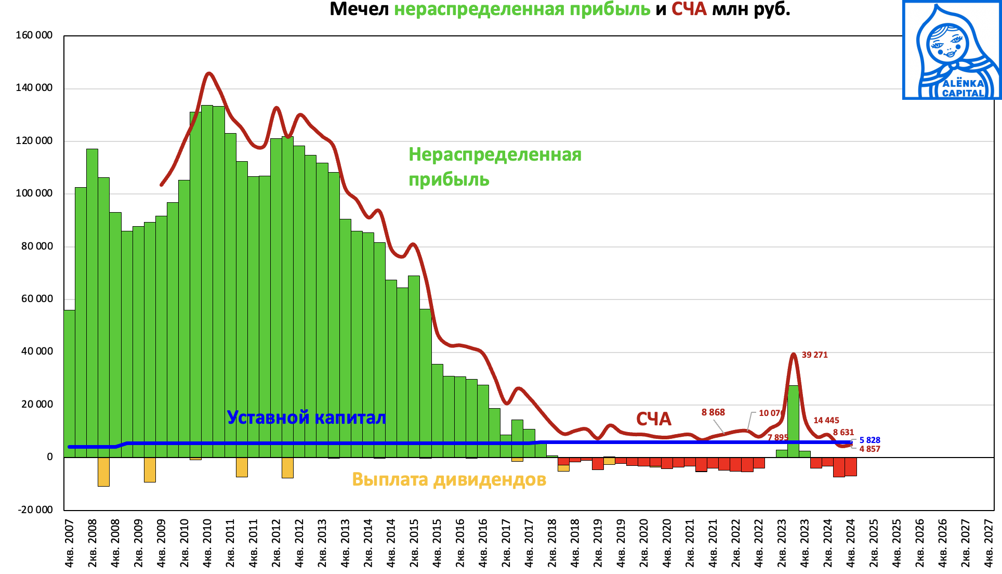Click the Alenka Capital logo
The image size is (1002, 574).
coord(952,50)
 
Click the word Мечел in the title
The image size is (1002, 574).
coord(359,9)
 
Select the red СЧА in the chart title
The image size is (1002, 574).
coord(689,9)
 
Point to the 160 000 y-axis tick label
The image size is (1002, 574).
coord(34,35)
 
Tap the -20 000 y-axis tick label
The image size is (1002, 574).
coord(35,510)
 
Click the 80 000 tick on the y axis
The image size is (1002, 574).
coord(37,246)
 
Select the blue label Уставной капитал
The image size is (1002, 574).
coord(307,418)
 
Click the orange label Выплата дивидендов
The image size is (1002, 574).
coord(449,479)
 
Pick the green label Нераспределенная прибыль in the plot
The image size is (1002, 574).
coord(494,167)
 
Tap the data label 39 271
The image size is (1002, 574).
coord(814,355)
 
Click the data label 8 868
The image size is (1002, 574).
coord(713,412)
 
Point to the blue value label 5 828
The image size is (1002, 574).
coord(869,440)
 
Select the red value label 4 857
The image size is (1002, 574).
coord(869,449)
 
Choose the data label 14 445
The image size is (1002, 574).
coord(826,421)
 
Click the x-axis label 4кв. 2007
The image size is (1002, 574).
coord(69,543)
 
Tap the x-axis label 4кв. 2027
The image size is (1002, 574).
coord(988,543)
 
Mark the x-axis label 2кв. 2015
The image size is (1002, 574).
coord(414,543)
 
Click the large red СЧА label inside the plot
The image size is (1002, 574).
coord(654,419)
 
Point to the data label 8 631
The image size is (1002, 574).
coord(843,433)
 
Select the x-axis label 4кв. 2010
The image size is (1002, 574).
coord(207,543)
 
